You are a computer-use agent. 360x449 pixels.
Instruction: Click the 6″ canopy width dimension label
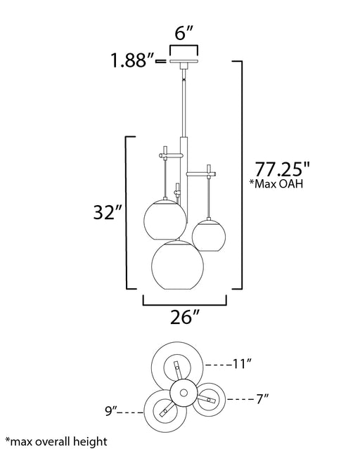pos(184,33)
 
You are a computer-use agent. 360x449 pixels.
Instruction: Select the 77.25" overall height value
pos(283,169)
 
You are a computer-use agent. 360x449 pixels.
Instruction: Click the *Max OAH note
pos(276,183)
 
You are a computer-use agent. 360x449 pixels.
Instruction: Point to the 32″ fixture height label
pos(108,212)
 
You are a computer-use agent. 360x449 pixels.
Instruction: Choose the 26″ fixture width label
pos(185,317)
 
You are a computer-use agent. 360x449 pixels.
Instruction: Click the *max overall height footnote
pos(56,441)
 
